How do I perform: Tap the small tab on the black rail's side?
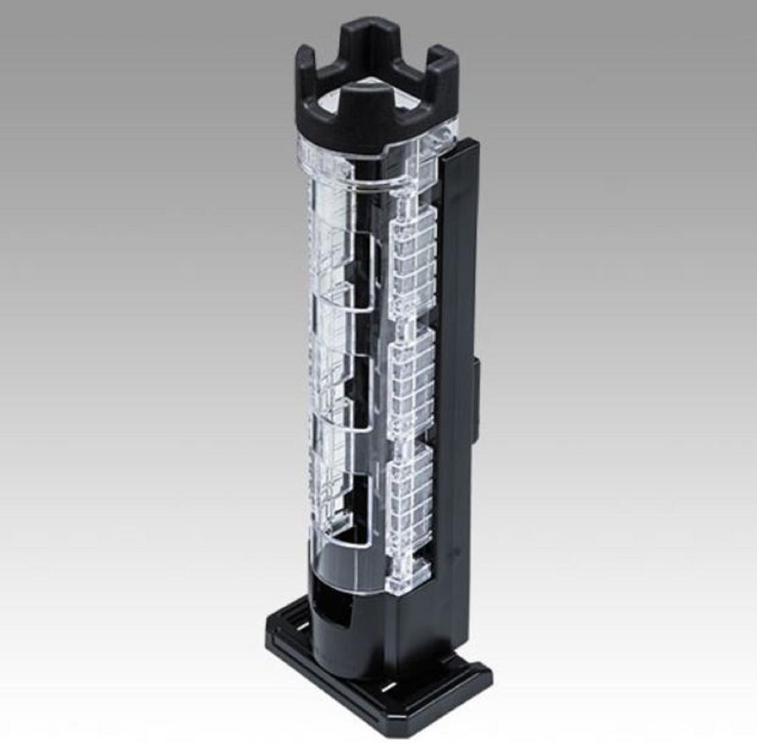[x=475, y=399]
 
